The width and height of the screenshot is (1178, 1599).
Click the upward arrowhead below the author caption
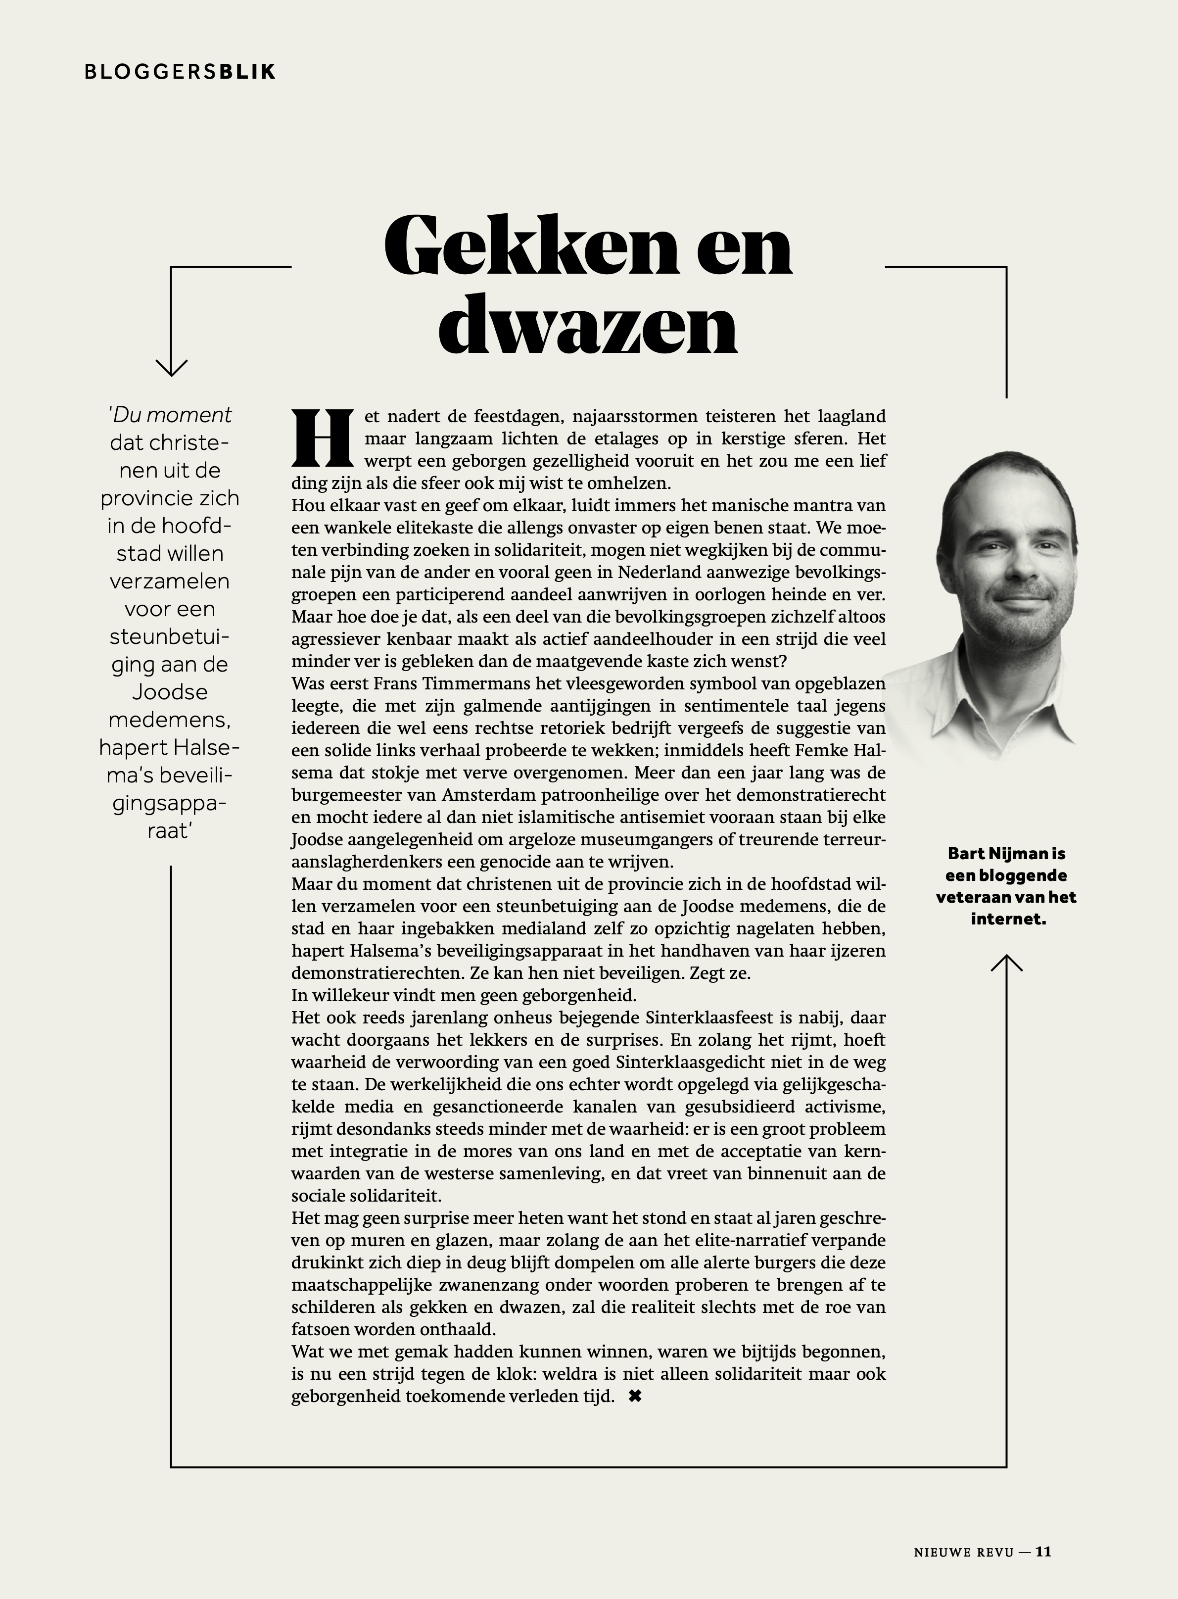click(1006, 964)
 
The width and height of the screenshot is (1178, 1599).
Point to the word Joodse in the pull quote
click(170, 692)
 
